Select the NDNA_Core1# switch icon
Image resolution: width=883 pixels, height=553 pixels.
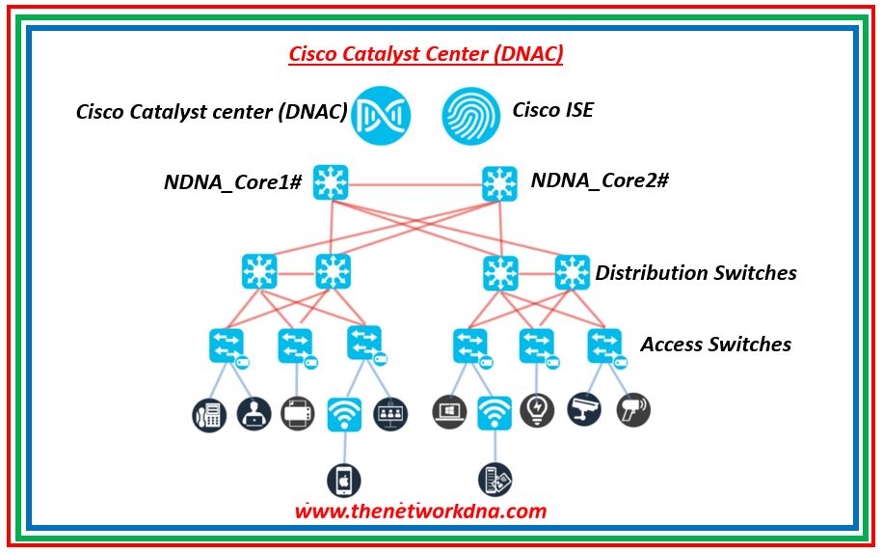(332, 181)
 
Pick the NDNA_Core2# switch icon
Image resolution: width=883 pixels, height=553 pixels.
(499, 181)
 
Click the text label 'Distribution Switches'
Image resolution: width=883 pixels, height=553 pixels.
(696, 273)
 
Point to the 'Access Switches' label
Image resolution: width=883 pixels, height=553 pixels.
(715, 345)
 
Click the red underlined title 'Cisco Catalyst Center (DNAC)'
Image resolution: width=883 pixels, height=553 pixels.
(426, 54)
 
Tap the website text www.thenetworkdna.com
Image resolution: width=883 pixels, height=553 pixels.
(420, 512)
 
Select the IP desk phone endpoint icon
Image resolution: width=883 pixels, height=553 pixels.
(208, 413)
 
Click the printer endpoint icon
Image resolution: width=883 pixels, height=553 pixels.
(297, 413)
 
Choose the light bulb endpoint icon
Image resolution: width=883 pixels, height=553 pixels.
(537, 410)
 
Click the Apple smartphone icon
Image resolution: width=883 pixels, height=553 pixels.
(344, 480)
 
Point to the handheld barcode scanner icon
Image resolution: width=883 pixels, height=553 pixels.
(633, 410)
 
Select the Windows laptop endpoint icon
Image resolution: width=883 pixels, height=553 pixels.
(449, 410)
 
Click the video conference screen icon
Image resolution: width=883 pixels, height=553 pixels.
(390, 413)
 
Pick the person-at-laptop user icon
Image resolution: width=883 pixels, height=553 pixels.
(254, 413)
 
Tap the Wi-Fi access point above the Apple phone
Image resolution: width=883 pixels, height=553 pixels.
(344, 413)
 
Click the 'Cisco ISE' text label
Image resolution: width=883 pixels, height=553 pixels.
(552, 110)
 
